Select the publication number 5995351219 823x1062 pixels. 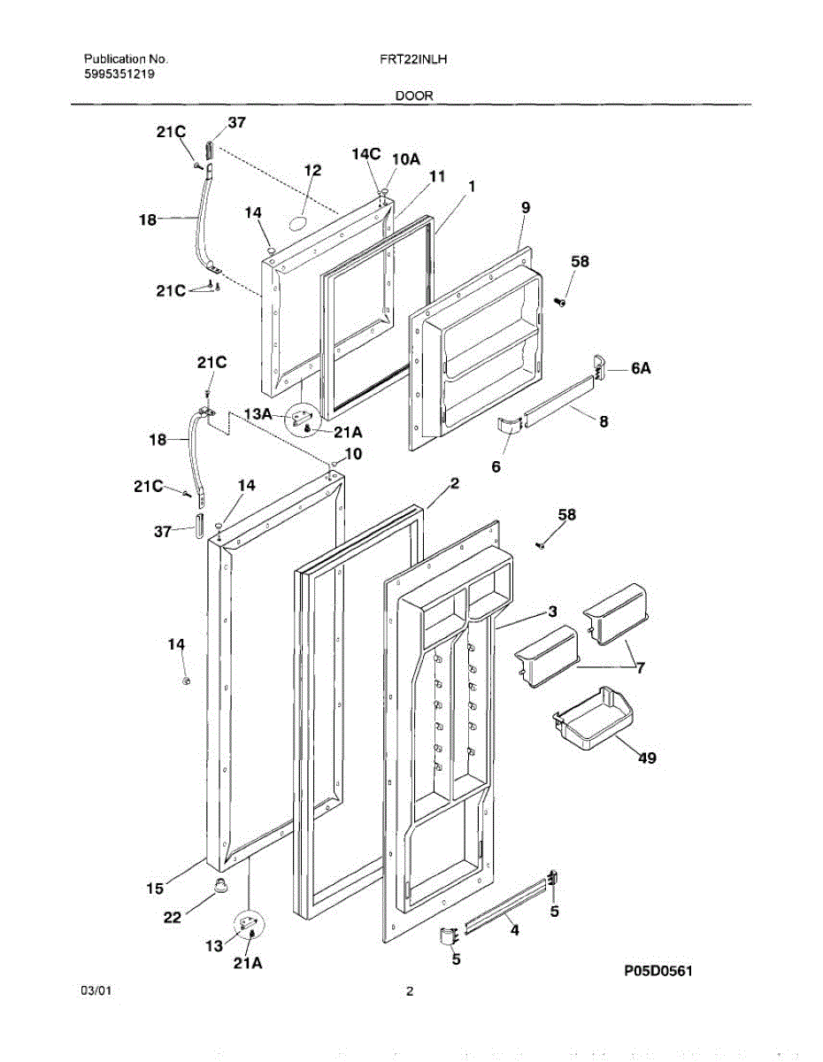(121, 74)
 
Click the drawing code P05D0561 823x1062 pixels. (658, 972)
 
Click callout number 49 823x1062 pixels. (647, 758)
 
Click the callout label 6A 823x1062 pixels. (642, 370)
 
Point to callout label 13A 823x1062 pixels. (258, 413)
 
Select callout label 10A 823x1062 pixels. (405, 159)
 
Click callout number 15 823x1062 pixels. (154, 888)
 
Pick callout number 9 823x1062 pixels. (525, 207)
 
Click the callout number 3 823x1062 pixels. (551, 612)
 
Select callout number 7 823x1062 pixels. (639, 668)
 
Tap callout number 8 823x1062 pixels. (603, 422)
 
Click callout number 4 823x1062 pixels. (513, 930)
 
